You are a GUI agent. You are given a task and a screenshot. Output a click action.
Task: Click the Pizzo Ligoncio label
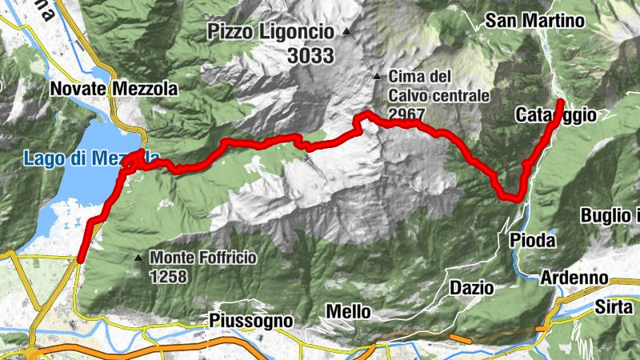(x=270, y=33)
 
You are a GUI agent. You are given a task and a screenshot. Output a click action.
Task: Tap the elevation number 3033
(x=309, y=56)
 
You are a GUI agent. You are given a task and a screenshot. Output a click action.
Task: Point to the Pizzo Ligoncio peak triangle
(x=346, y=32)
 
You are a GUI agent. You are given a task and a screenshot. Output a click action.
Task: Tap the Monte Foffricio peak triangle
(x=139, y=258)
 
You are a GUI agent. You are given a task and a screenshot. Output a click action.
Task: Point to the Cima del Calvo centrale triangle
(x=377, y=77)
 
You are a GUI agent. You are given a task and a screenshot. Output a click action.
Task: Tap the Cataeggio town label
(x=556, y=116)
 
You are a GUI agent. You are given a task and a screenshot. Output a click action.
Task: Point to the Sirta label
(x=614, y=306)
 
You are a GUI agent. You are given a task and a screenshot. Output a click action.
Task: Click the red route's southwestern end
(x=81, y=258)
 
